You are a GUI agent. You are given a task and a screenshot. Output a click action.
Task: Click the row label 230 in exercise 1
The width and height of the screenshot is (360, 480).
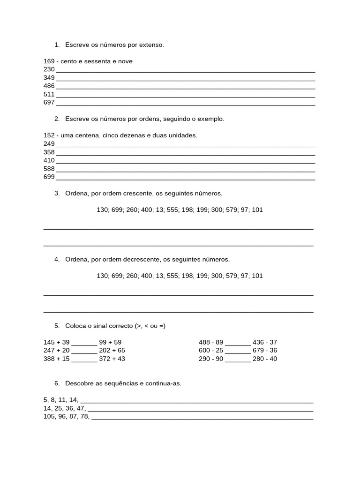(49, 69)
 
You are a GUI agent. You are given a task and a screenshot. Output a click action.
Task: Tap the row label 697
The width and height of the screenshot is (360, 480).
(49, 102)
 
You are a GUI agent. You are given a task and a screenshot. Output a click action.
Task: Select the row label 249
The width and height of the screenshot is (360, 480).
(49, 144)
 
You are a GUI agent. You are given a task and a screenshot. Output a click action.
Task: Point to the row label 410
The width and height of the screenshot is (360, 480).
(49, 160)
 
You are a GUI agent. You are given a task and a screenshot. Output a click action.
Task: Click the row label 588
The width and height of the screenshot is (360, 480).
(49, 169)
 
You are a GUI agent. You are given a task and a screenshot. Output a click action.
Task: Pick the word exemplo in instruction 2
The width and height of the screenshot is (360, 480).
(212, 119)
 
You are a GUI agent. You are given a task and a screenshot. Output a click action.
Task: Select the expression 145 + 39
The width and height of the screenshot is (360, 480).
(57, 342)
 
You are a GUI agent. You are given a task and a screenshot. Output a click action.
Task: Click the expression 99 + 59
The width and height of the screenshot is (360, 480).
(110, 342)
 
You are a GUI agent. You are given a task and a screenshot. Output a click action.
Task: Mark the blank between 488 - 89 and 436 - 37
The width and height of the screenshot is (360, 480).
(238, 343)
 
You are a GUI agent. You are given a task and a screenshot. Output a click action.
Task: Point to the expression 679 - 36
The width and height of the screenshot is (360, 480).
(265, 351)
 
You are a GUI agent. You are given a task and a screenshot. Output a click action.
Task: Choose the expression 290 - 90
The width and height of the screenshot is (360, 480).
(211, 359)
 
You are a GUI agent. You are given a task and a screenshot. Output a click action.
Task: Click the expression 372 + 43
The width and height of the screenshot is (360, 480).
(112, 359)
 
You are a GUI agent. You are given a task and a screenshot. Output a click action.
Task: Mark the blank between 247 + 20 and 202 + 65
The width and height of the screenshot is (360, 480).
(84, 351)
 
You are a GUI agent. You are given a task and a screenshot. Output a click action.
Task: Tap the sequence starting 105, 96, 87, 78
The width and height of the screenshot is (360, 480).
(66, 417)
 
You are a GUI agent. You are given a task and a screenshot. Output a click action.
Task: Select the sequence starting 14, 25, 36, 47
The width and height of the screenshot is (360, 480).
(64, 408)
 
